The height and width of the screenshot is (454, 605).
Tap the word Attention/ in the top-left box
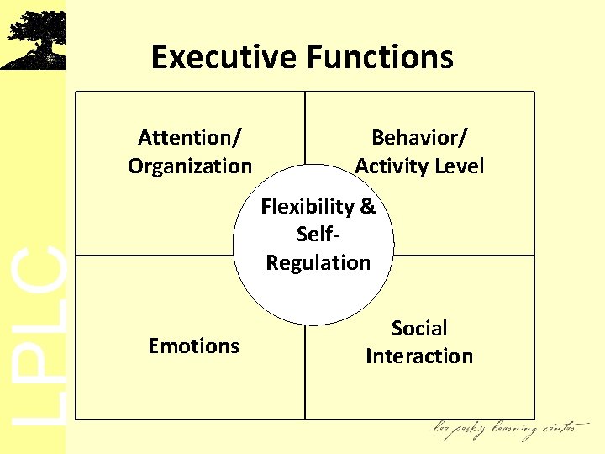click(x=190, y=137)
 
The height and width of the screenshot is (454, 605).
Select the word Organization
click(x=190, y=166)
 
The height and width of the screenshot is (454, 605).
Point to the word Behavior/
click(x=419, y=137)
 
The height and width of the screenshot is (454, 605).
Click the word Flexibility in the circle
click(x=307, y=206)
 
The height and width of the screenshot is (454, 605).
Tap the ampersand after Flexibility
click(x=367, y=206)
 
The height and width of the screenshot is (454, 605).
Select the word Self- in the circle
click(x=318, y=234)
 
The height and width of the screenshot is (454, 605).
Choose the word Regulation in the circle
click(x=318, y=262)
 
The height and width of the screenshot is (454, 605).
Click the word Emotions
click(x=193, y=346)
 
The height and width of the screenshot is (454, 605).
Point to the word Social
click(x=419, y=328)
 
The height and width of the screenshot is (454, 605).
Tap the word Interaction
click(x=419, y=356)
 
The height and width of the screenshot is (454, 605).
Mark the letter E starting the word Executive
click(x=159, y=57)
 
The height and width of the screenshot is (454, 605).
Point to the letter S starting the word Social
click(x=397, y=328)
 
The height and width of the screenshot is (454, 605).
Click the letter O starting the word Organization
click(x=135, y=166)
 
